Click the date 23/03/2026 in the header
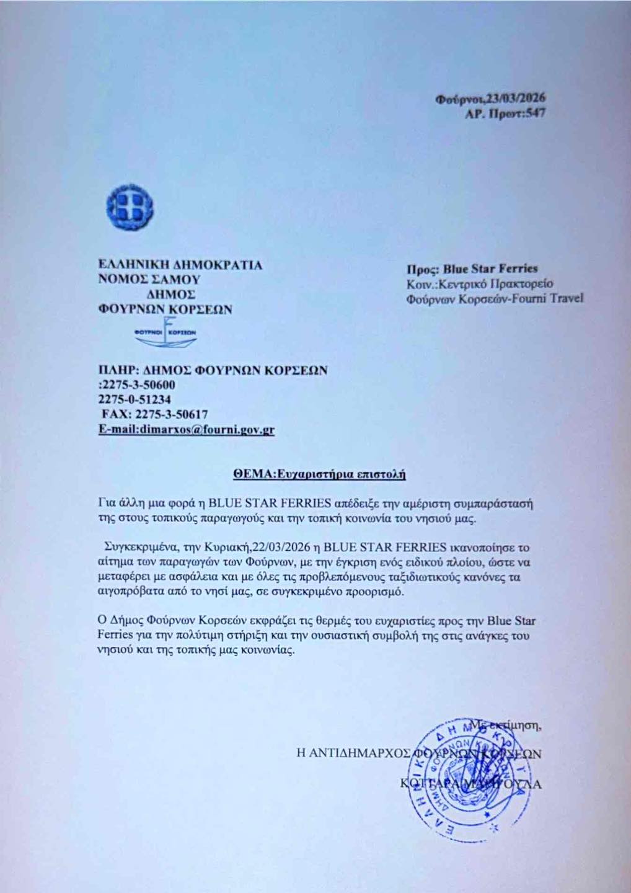pos(510,99)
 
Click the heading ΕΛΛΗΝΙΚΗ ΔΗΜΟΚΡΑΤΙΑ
pos(181,265)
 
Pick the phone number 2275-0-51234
pos(135,400)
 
